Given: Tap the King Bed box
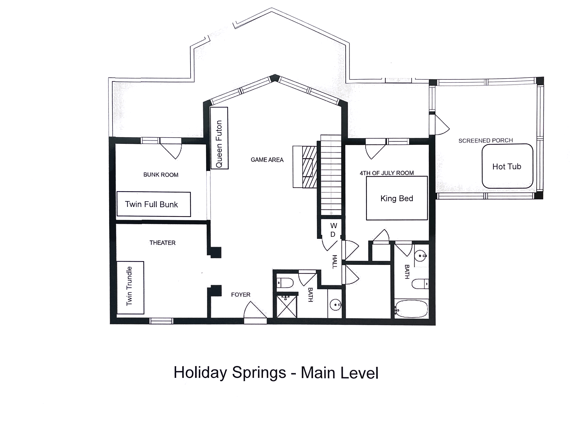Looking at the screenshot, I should click(x=397, y=198).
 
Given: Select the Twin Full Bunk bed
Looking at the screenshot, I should click(x=154, y=204).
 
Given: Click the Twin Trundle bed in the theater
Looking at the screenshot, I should click(x=130, y=288).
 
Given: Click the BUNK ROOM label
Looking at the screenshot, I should click(x=161, y=175).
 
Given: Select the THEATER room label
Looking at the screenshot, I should click(x=162, y=243).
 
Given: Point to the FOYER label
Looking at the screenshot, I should click(x=241, y=294).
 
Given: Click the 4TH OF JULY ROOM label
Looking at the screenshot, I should click(x=387, y=173).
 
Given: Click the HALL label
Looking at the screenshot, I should click(x=334, y=262).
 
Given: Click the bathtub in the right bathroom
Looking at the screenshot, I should click(x=411, y=309).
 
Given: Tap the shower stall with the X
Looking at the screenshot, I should click(x=287, y=307).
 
